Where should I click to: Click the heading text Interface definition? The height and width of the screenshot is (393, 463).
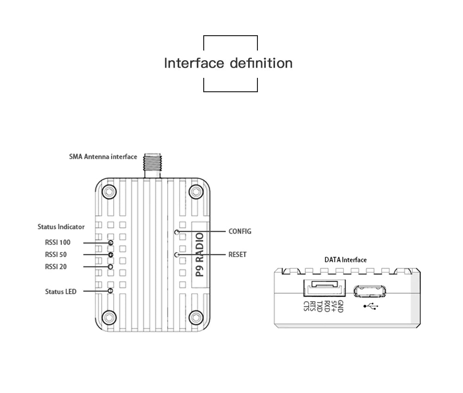tap(228, 63)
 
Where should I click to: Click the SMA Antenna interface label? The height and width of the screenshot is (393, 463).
tap(103, 157)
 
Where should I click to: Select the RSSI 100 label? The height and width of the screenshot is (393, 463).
tap(57, 242)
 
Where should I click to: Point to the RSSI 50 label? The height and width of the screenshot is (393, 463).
tap(56, 254)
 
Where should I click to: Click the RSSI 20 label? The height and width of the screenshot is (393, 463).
tap(56, 266)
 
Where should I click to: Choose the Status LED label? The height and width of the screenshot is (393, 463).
tap(61, 292)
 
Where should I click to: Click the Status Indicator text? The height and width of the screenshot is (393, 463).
tap(61, 227)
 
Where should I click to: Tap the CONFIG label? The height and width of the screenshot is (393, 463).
tap(240, 231)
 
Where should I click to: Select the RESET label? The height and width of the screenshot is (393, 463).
tap(238, 254)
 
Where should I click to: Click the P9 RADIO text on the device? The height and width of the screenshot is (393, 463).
tap(200, 255)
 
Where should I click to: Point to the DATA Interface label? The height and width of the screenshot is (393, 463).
tap(345, 260)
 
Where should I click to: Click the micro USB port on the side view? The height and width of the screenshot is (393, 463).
tap(369, 291)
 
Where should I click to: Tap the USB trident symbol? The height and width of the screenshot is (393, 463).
tap(370, 306)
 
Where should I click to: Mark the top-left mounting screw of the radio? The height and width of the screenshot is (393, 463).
tap(109, 191)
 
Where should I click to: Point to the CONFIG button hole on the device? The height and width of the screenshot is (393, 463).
tap(176, 231)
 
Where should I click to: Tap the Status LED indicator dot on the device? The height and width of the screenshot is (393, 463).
tap(110, 291)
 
